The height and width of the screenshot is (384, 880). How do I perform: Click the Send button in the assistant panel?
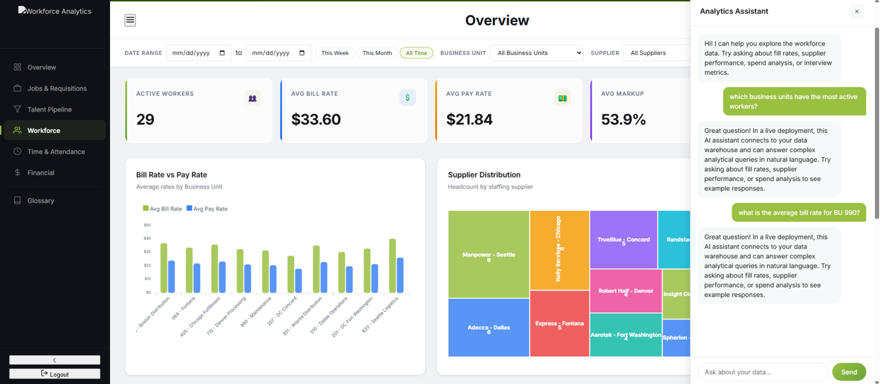click(x=848, y=372)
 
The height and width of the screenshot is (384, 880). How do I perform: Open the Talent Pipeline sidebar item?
click(x=49, y=109)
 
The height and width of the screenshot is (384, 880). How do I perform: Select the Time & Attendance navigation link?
click(x=56, y=151)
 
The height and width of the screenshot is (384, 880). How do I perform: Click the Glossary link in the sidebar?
click(x=41, y=200)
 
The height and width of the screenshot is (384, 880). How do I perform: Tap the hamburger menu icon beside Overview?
click(x=130, y=20)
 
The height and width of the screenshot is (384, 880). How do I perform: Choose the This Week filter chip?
click(x=335, y=53)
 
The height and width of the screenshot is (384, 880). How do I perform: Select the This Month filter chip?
click(x=377, y=53)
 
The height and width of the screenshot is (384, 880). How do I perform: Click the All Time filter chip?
click(x=416, y=53)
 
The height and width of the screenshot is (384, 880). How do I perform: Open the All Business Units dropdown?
click(x=536, y=53)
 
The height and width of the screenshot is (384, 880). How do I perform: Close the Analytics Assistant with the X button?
click(x=857, y=12)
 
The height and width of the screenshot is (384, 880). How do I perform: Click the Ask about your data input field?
click(x=762, y=372)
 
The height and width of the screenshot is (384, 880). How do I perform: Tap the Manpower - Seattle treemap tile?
click(x=488, y=254)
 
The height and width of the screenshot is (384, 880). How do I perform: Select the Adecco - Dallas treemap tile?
click(x=488, y=328)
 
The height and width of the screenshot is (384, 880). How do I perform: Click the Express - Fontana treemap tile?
click(x=559, y=323)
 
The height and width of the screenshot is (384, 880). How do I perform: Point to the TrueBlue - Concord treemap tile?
click(x=623, y=239)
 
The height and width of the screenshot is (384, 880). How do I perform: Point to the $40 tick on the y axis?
click(x=147, y=238)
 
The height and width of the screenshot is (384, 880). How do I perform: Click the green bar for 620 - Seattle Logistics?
click(x=393, y=266)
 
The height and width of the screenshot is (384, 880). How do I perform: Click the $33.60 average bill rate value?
click(x=316, y=120)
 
